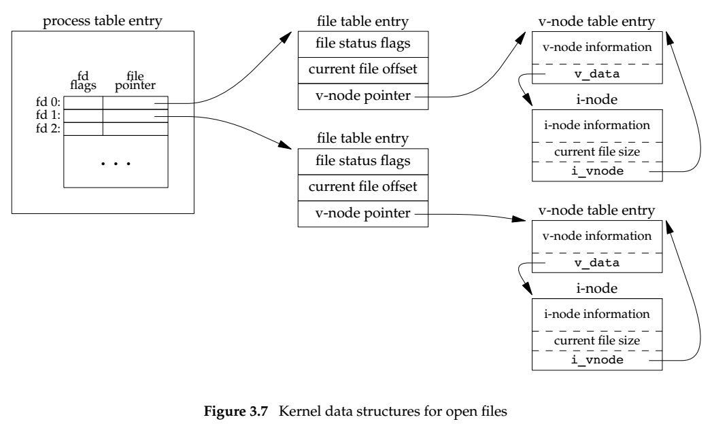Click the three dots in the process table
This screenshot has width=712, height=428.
click(116, 164)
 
